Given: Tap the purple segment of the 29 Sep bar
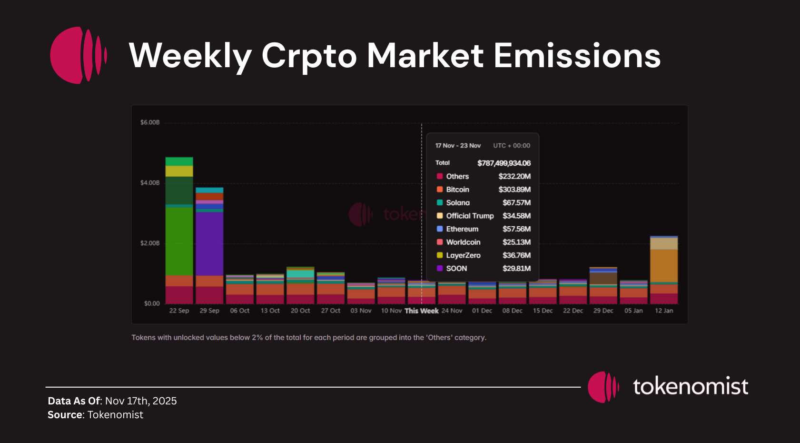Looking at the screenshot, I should (209, 243).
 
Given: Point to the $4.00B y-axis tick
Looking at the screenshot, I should (150, 183).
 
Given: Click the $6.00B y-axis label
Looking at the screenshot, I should (150, 122).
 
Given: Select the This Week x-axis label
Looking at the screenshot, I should (421, 311).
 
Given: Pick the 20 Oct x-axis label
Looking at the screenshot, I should (300, 311).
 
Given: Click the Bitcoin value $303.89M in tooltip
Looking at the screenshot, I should (514, 190).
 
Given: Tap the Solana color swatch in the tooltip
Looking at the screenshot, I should (440, 202).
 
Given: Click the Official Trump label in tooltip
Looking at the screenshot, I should (470, 216).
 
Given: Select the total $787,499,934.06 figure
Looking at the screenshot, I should (504, 163).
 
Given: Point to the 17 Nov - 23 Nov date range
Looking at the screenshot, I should (458, 146).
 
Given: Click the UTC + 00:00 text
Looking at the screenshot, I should (512, 146).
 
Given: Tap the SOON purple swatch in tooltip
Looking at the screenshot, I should (440, 268).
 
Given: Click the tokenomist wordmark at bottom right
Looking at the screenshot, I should (690, 386).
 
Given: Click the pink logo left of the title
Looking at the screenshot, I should (78, 55).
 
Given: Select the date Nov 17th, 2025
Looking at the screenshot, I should (141, 401).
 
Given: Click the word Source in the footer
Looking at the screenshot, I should (65, 415).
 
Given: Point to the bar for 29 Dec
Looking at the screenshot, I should (603, 286).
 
